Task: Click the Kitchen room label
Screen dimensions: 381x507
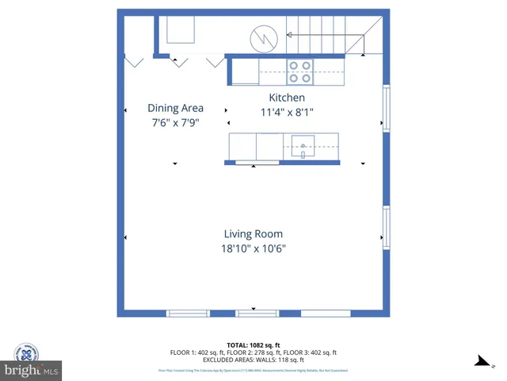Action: click(x=287, y=98)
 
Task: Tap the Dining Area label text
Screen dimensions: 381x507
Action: click(x=175, y=108)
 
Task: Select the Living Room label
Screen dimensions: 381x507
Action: click(x=253, y=234)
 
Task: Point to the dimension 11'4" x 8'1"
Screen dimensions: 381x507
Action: click(x=287, y=113)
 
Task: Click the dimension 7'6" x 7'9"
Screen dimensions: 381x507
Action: click(x=175, y=123)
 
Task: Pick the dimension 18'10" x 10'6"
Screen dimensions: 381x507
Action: click(x=253, y=248)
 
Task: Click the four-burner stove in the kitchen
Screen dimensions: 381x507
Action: click(x=300, y=72)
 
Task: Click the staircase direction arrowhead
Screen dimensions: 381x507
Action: click(x=288, y=35)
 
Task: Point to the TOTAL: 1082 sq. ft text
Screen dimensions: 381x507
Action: click(x=253, y=345)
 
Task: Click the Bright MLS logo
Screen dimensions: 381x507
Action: click(x=31, y=360)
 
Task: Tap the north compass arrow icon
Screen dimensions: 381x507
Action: click(x=478, y=361)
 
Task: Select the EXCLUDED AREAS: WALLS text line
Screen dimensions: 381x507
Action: click(x=253, y=360)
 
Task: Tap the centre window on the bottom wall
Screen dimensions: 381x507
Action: click(x=253, y=312)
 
